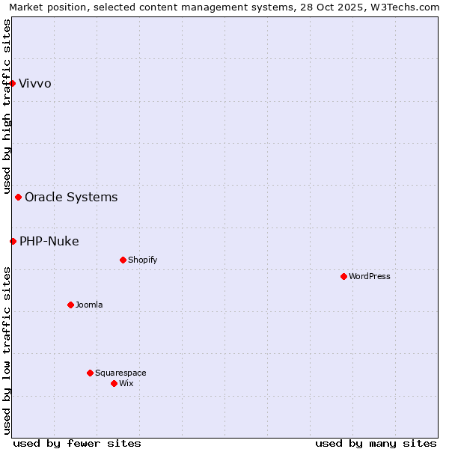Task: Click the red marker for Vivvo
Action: point(13,83)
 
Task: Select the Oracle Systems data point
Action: point(19,198)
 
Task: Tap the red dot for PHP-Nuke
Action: point(13,241)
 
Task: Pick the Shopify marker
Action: point(123,260)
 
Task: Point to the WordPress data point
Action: point(344,277)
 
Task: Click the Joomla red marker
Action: point(71,305)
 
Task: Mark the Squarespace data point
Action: point(91,373)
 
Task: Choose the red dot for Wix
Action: point(114,383)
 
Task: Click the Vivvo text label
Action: point(35,83)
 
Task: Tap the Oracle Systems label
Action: point(71,198)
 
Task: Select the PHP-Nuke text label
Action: point(49,241)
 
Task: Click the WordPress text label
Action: point(370,277)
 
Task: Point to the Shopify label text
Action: point(143,260)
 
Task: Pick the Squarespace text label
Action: point(120,373)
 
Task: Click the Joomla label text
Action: point(89,305)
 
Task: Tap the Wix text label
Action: point(126,383)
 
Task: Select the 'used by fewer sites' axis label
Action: point(77,443)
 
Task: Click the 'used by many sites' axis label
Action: point(376,443)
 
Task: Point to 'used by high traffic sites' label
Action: point(7,107)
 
